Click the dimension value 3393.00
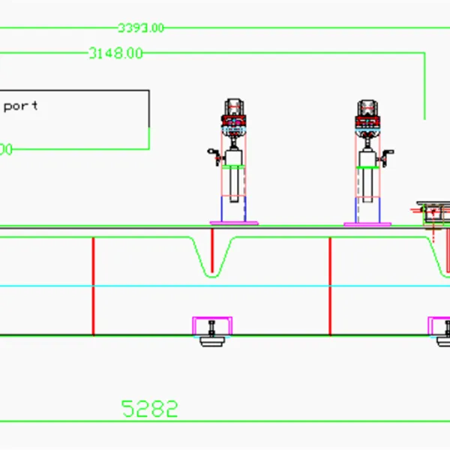pos(140,28)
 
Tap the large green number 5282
pos(150,409)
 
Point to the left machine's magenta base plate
pos(234,223)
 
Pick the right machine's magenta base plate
pos(367,223)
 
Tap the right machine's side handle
pos(387,156)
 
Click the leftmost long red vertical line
pos(93,286)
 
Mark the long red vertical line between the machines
pos(330,286)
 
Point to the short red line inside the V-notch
pos(213,252)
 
